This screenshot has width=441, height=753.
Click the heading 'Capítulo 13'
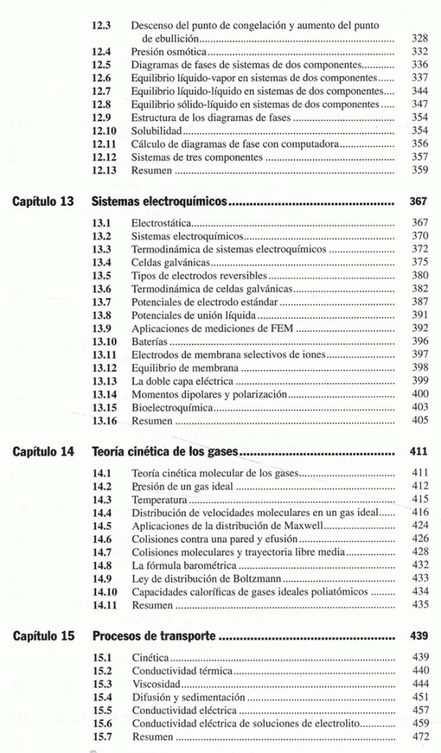(x=44, y=200)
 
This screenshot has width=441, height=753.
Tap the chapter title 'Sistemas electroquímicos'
(x=157, y=200)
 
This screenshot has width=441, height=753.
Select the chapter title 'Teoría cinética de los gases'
(x=164, y=451)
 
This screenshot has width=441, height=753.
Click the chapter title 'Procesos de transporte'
(x=153, y=636)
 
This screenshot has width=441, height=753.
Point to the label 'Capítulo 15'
(x=44, y=636)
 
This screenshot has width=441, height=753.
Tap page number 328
(x=419, y=38)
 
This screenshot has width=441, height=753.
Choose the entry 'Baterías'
(x=149, y=341)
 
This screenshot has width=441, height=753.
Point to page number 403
(x=419, y=407)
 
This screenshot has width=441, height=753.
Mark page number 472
(x=419, y=736)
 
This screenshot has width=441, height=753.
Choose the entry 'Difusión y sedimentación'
(x=188, y=696)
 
